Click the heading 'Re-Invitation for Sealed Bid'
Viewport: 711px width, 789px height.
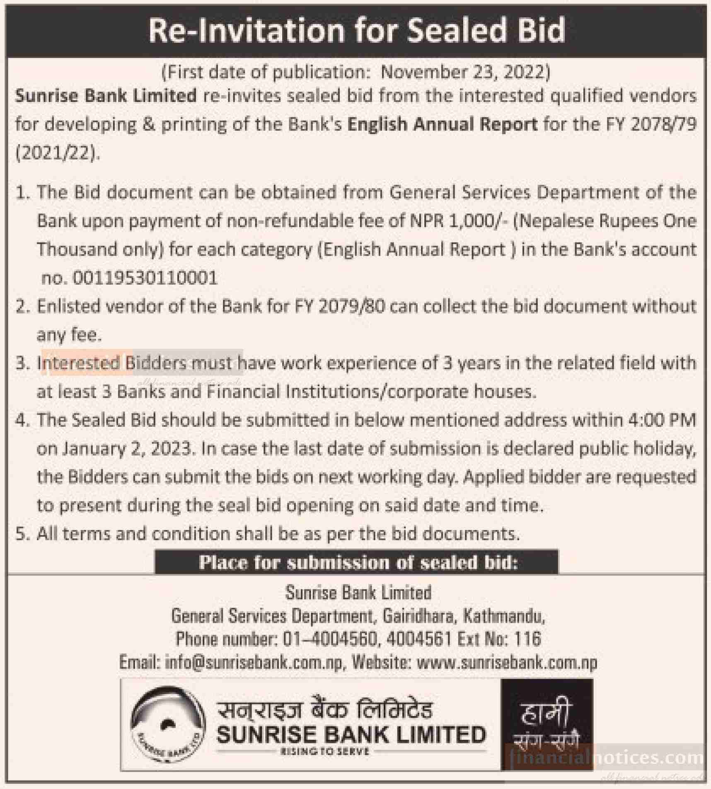356,31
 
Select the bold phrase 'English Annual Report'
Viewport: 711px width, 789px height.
442,124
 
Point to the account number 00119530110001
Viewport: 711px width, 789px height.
145,278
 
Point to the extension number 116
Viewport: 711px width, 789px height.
527,639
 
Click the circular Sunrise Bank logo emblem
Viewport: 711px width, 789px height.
168,724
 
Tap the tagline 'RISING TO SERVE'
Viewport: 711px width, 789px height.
324,751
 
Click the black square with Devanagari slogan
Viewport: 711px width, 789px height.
547,723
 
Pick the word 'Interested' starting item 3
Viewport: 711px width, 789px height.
79,363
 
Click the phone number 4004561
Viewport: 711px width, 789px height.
418,639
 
